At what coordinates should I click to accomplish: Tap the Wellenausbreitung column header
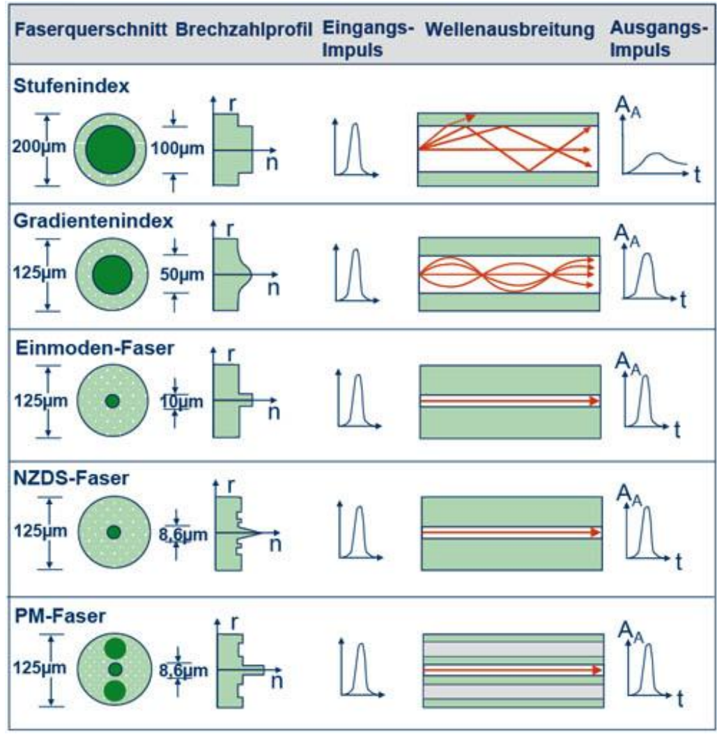tap(509, 31)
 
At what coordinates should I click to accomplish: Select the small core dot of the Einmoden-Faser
tap(112, 401)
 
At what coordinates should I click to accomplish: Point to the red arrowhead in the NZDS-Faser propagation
tap(595, 532)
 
